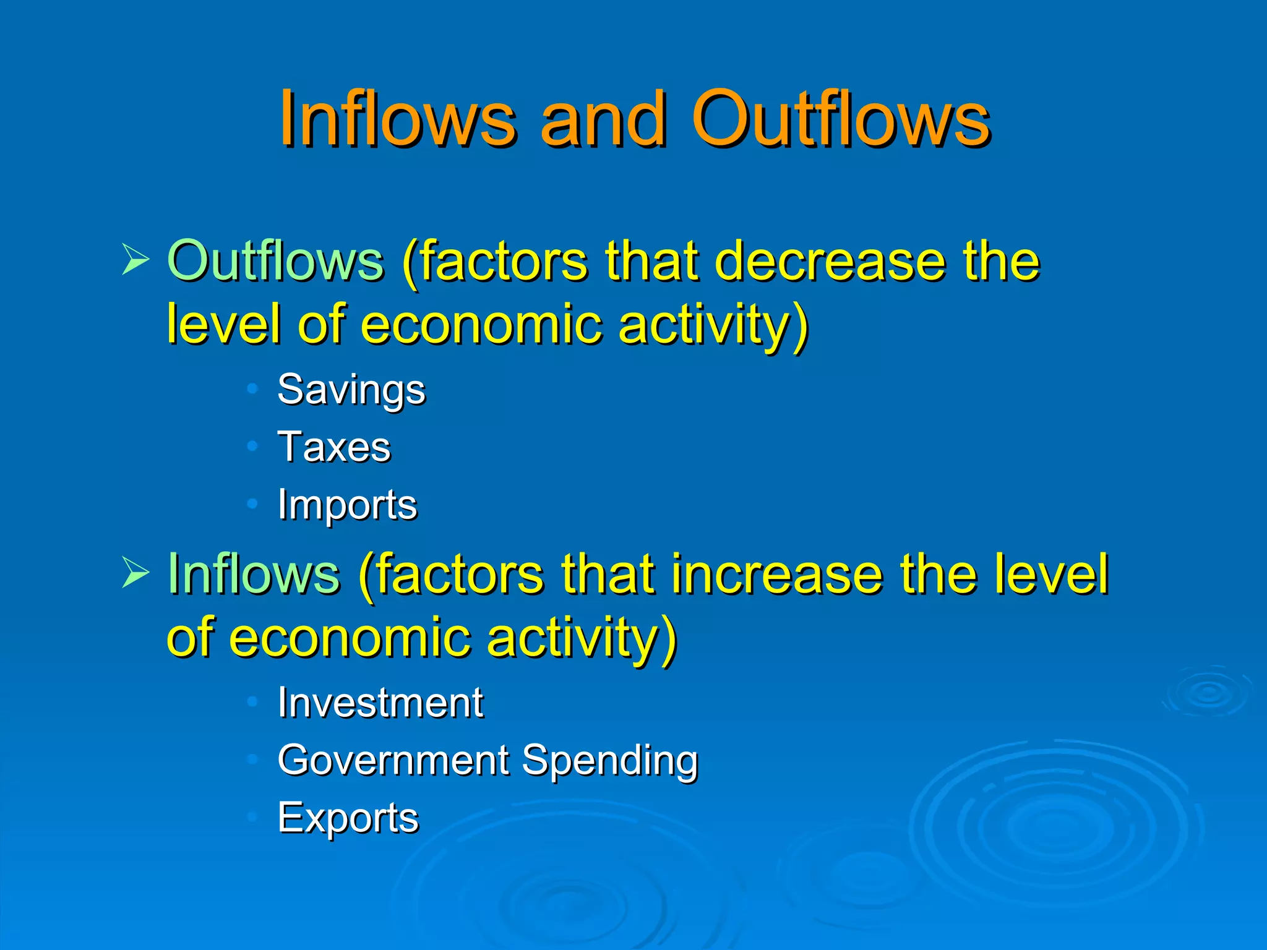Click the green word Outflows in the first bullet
point(275,261)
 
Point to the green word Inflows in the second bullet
point(254,574)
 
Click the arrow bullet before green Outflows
point(135,260)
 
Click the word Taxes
point(334,447)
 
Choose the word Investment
point(380,703)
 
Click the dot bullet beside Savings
point(252,389)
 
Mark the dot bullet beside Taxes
point(252,446)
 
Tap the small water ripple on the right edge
point(1208,692)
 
